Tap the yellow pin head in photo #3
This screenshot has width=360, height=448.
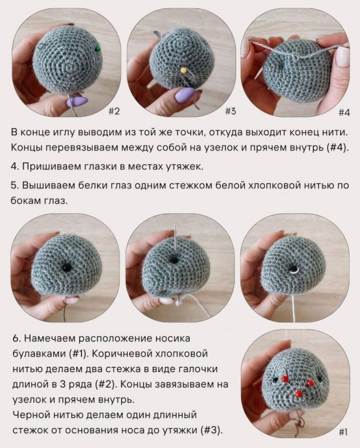[185, 69]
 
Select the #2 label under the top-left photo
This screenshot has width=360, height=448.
[113, 111]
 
